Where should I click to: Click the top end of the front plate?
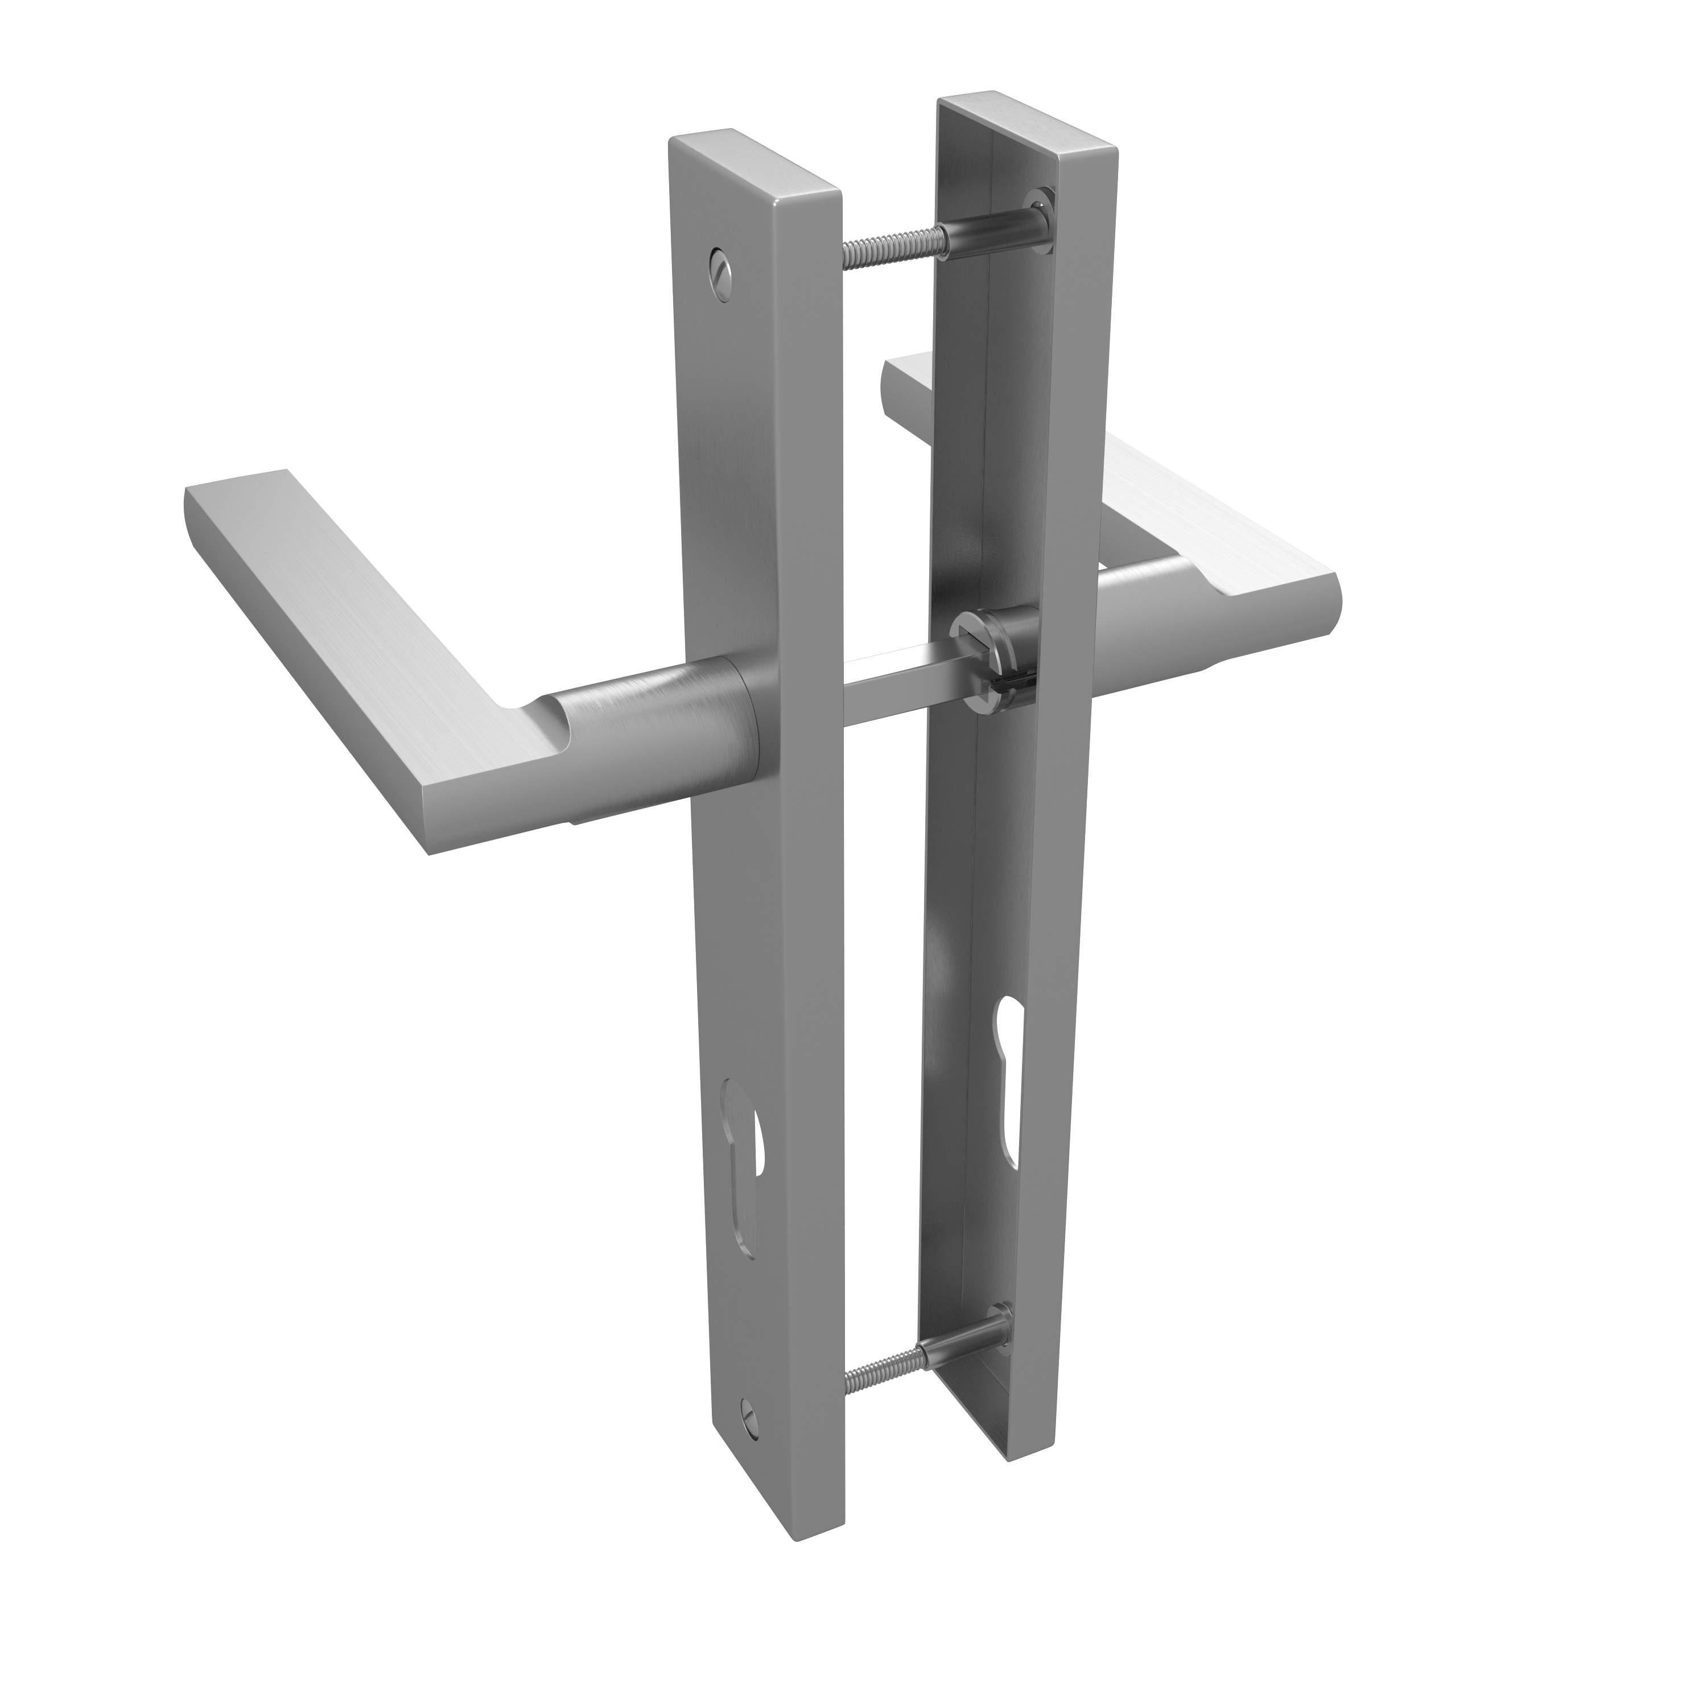(751, 159)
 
